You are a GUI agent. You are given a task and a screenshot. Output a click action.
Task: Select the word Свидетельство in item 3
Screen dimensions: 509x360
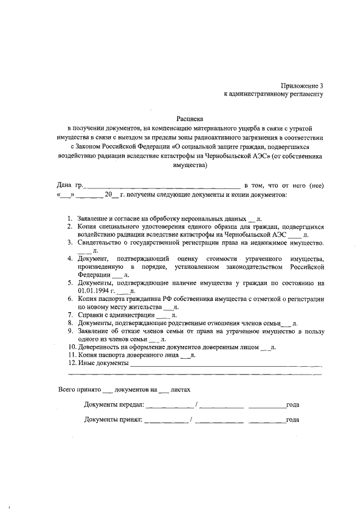(97, 242)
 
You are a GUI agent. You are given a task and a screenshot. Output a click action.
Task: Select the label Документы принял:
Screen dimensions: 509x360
(113, 420)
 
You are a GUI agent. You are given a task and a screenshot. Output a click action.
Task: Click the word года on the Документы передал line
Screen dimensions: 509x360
(292, 405)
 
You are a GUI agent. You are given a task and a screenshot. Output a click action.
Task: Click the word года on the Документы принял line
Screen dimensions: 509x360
(292, 420)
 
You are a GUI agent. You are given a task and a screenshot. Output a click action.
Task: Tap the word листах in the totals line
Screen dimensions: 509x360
(181, 389)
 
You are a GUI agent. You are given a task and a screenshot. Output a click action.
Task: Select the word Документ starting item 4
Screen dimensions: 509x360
(93, 259)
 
